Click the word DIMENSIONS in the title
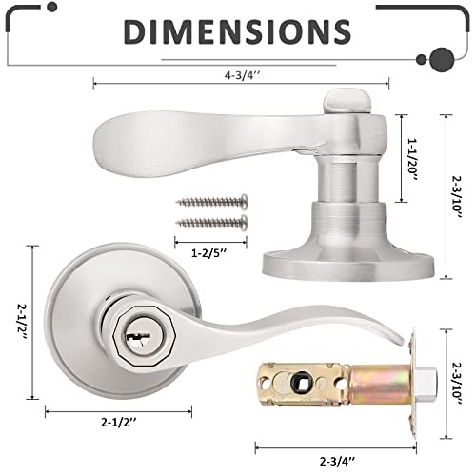(x=237, y=31)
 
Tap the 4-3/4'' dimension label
(x=243, y=75)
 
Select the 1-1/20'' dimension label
(x=412, y=159)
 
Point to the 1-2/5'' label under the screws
(x=209, y=253)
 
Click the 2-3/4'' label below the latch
(x=337, y=461)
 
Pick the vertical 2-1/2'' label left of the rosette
(x=22, y=322)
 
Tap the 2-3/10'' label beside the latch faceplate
(x=457, y=384)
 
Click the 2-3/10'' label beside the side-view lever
(x=457, y=197)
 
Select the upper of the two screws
(x=211, y=202)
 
